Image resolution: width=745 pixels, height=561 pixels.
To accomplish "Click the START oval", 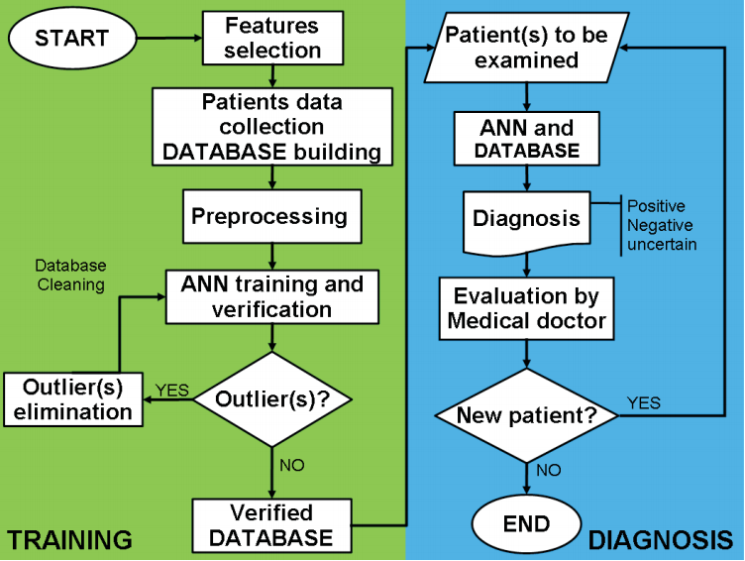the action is [72, 38].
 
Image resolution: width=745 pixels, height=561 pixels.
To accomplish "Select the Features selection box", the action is [272, 38].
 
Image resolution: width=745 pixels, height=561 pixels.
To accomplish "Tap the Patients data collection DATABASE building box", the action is [272, 127].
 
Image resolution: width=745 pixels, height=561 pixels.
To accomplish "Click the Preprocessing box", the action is [272, 216].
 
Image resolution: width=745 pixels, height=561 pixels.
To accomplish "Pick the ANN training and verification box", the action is [272, 297].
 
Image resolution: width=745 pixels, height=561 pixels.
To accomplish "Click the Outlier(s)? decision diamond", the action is [272, 399].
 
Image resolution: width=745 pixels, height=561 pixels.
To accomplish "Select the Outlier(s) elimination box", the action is [73, 399].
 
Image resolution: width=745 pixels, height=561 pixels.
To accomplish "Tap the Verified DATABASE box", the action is [271, 525].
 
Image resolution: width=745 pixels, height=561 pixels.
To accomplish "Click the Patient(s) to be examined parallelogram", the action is [526, 48].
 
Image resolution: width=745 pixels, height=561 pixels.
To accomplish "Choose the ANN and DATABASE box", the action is [526, 139].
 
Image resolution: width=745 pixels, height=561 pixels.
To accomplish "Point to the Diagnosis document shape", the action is [526, 222].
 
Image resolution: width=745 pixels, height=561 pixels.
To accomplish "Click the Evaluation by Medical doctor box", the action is [526, 308].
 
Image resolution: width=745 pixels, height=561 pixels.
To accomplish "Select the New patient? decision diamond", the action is [526, 415].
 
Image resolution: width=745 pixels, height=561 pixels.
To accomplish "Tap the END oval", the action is [526, 524].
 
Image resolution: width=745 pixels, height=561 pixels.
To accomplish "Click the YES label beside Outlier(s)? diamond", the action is [172, 391].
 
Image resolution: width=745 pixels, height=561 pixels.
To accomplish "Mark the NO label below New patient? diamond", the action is [549, 470].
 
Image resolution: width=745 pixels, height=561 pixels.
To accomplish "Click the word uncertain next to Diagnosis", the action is [662, 245].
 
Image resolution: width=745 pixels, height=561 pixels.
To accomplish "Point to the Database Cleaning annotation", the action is [70, 275].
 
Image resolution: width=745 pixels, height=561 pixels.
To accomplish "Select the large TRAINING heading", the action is [69, 540].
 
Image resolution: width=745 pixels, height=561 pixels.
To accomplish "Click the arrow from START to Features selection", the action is [169, 38].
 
